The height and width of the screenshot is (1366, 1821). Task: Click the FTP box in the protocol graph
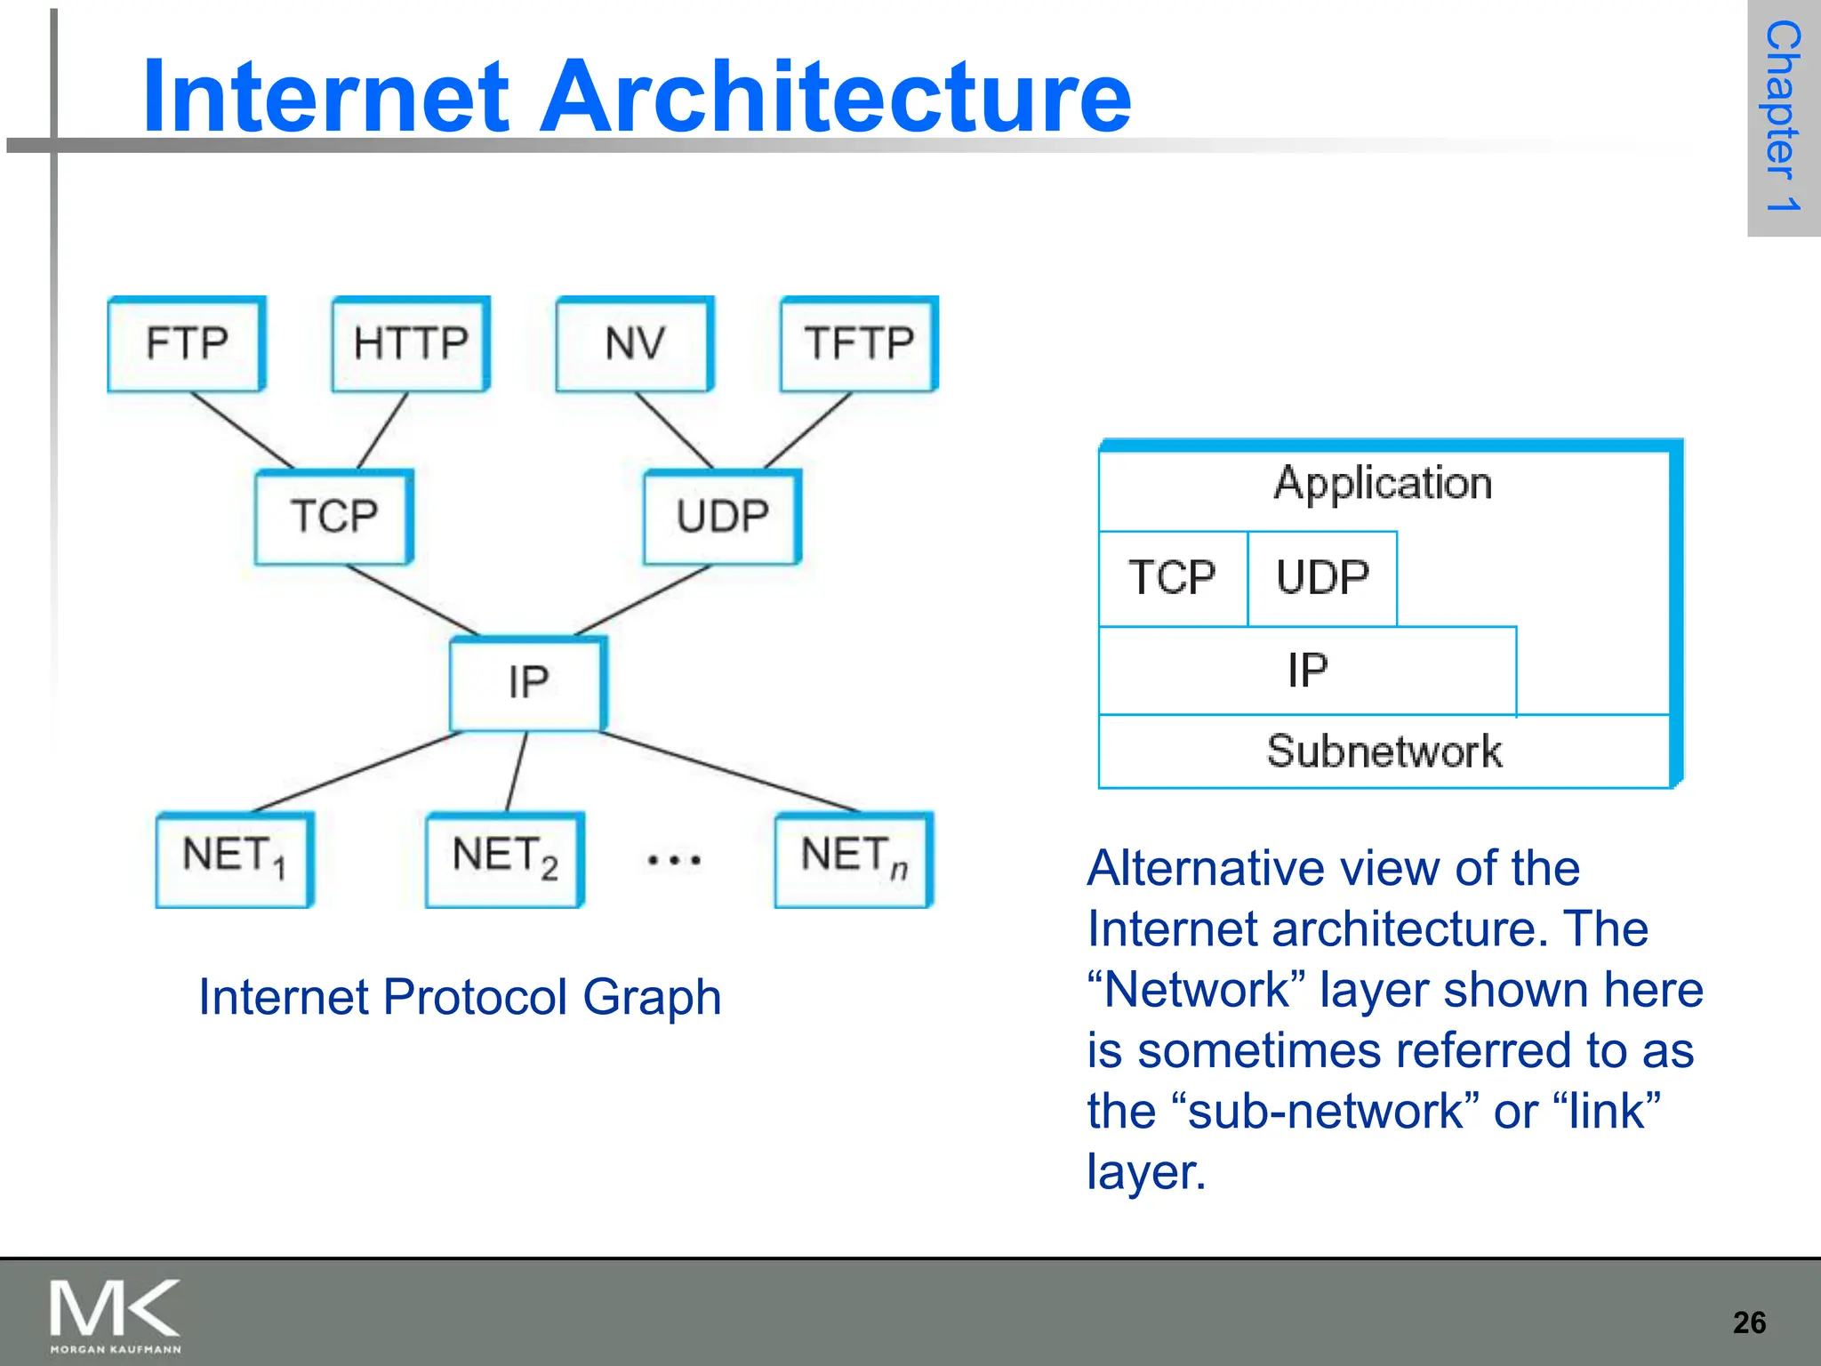(x=187, y=343)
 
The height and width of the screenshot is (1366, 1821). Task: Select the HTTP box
(x=411, y=343)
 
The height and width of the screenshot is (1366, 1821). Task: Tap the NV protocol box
(x=635, y=343)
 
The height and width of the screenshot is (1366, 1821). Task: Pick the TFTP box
(x=859, y=343)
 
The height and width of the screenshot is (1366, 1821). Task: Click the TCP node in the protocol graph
(x=334, y=517)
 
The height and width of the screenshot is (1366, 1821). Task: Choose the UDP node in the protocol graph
(x=723, y=517)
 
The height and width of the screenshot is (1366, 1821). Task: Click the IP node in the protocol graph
(x=528, y=683)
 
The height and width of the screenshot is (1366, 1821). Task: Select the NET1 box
(x=235, y=857)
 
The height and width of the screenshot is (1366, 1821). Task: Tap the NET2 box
(x=504, y=857)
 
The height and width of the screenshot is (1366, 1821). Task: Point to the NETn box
(x=854, y=857)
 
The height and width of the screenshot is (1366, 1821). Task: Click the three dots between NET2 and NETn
(x=674, y=860)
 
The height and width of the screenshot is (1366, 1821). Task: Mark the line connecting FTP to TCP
(x=242, y=430)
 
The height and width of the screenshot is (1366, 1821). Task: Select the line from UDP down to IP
(x=642, y=600)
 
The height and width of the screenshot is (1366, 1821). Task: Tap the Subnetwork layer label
(x=1384, y=751)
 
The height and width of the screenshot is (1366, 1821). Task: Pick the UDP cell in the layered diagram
(x=1322, y=578)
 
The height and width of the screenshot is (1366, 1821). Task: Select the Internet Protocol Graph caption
(x=459, y=997)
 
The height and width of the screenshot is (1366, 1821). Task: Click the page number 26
(x=1749, y=1322)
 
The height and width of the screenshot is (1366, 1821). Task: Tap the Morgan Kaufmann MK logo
(x=116, y=1314)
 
